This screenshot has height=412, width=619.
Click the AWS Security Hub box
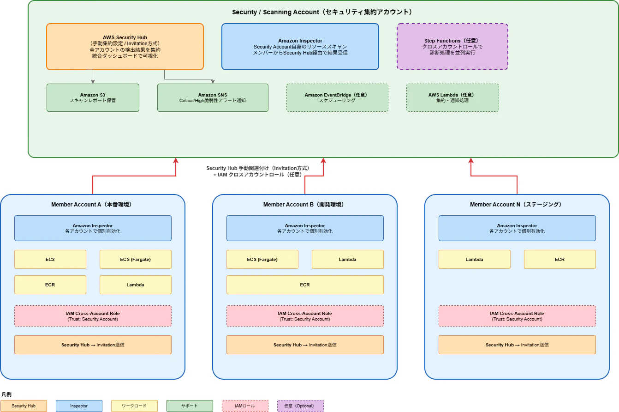point(125,47)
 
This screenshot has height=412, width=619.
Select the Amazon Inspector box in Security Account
point(300,47)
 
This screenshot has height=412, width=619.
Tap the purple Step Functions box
point(452,47)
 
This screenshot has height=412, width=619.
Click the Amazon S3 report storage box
point(93,97)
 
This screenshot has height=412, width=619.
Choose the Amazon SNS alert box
point(213,97)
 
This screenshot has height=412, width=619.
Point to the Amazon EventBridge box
point(337,97)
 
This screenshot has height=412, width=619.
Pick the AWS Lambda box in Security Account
point(452,97)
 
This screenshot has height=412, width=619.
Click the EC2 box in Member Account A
point(50,260)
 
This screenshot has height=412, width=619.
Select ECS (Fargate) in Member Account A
point(136,260)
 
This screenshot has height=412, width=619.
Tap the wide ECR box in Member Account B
point(305,285)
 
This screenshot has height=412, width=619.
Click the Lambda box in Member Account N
point(474,260)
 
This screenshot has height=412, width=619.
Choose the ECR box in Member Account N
point(559,260)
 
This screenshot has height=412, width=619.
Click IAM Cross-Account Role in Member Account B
point(305,316)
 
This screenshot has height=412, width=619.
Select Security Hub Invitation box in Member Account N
point(517,345)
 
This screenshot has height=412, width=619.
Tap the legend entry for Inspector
point(79,406)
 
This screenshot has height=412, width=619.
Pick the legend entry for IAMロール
point(245,406)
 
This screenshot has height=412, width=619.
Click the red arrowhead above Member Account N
point(471,161)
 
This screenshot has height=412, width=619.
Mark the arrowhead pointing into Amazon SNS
point(213,82)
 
